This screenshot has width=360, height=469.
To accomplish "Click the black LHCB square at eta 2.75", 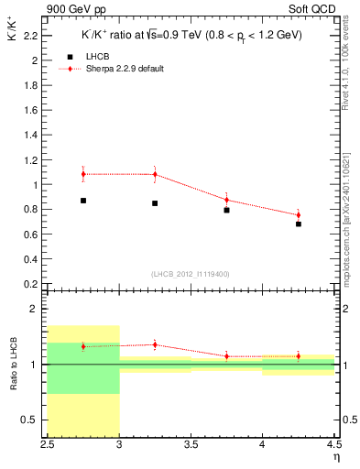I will click(83, 200).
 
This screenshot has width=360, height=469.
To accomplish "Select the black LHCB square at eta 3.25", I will click(155, 202).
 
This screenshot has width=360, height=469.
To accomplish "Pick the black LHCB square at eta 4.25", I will click(299, 224).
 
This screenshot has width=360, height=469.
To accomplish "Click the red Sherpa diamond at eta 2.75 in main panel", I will click(83, 173).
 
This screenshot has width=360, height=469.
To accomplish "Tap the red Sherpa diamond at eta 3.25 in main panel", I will click(155, 174).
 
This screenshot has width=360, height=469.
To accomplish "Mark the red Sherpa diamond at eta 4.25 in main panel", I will click(299, 215).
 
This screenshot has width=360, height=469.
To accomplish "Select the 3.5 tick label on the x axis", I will click(191, 446).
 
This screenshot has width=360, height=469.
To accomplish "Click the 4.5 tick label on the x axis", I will click(333, 446).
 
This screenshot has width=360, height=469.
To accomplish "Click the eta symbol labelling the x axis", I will click(336, 456).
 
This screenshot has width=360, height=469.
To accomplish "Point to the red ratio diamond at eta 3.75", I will click(226, 356).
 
